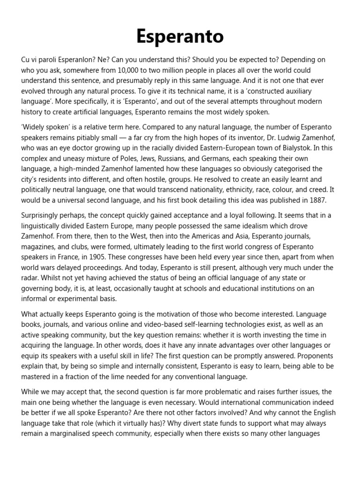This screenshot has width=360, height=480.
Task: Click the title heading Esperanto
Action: (x=180, y=36)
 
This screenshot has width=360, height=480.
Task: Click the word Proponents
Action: (x=305, y=355)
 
